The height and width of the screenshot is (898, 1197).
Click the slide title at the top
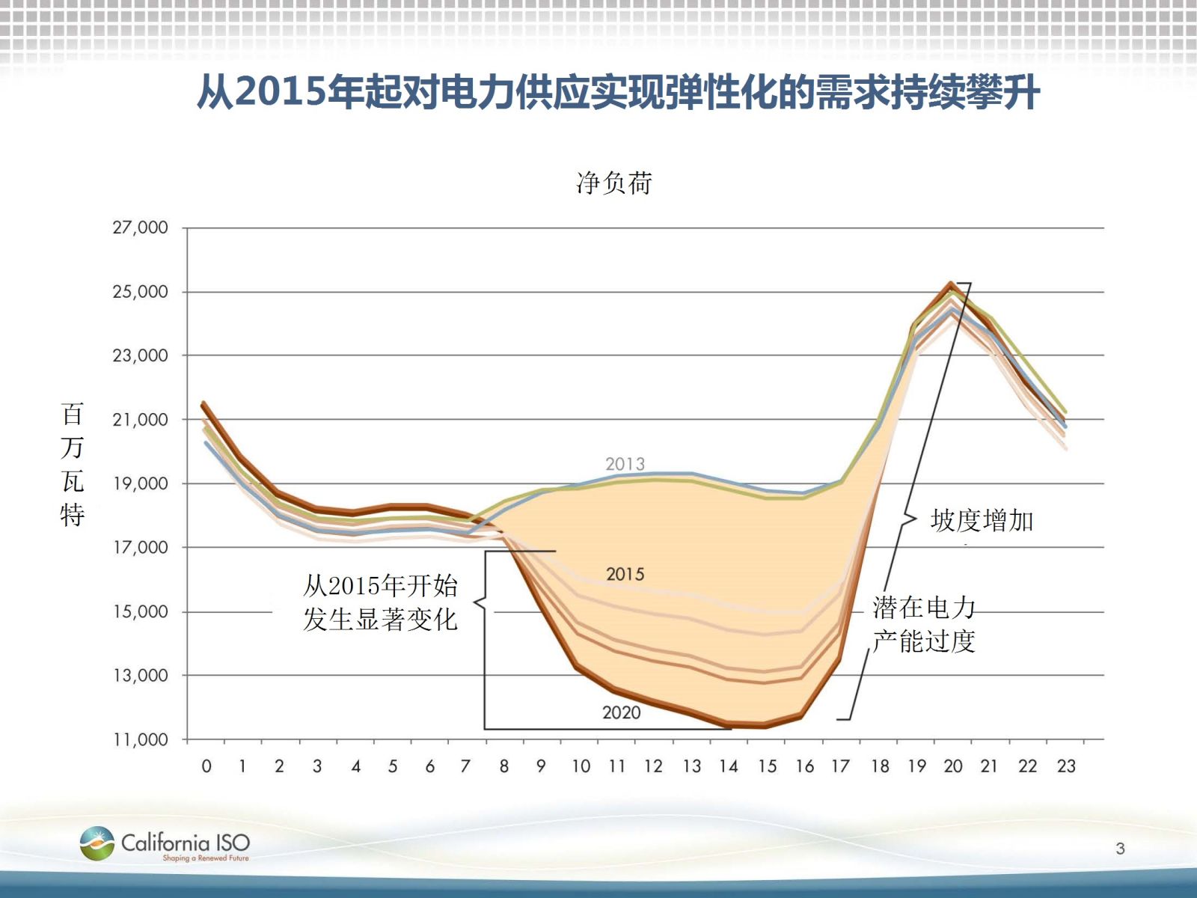(x=618, y=93)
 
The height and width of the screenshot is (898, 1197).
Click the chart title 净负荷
(x=614, y=183)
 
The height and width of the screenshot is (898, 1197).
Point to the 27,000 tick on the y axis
(x=140, y=227)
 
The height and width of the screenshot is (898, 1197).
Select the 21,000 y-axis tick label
(x=140, y=420)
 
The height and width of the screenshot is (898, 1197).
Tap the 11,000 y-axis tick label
(x=140, y=739)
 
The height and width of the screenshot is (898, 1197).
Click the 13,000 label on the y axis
(x=140, y=676)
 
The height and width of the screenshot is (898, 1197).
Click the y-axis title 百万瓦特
(x=73, y=464)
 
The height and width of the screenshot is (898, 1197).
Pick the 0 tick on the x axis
(x=206, y=766)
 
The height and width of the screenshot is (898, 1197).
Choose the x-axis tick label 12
(x=653, y=766)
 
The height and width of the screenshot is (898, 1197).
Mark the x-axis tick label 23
(x=1066, y=766)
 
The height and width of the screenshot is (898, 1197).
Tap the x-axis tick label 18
(x=880, y=766)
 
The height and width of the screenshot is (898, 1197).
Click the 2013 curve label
(x=625, y=464)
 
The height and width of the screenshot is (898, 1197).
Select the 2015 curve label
(x=625, y=574)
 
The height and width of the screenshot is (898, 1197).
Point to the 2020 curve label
(x=622, y=712)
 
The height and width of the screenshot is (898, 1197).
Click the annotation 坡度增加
(x=982, y=520)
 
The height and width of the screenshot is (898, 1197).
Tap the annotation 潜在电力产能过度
(x=924, y=624)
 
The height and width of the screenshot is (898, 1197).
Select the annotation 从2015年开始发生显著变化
(x=380, y=602)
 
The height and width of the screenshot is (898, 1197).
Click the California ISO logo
(x=165, y=845)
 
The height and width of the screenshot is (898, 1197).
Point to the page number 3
(x=1120, y=849)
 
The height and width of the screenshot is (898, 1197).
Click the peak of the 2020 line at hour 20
(x=951, y=284)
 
